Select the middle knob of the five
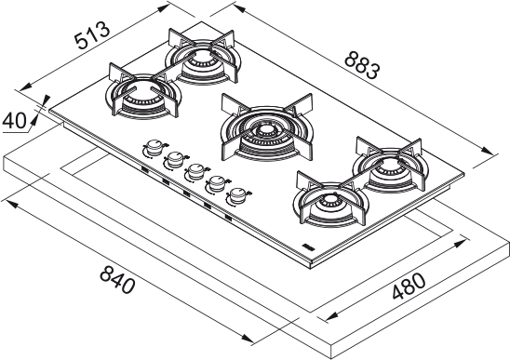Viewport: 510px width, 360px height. (195, 172)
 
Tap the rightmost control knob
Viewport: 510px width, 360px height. (239, 195)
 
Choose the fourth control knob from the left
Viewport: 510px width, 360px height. (216, 183)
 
